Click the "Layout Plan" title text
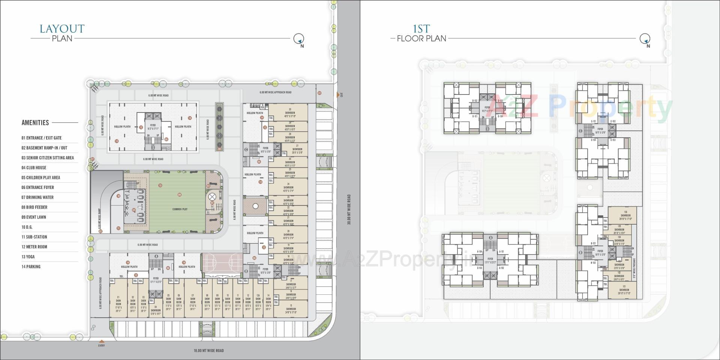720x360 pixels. [62, 33]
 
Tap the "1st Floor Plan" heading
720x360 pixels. [421, 33]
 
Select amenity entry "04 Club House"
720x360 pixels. [34, 168]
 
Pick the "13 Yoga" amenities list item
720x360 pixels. [28, 257]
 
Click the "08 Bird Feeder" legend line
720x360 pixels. [34, 207]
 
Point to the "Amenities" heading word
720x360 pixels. [35, 123]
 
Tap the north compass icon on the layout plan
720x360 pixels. [298, 38]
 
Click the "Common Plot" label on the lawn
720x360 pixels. [180, 209]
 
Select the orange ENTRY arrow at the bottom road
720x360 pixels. [101, 341]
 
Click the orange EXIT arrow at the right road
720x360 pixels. [337, 95]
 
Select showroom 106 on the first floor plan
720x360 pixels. [625, 215]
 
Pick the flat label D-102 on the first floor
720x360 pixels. [475, 101]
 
